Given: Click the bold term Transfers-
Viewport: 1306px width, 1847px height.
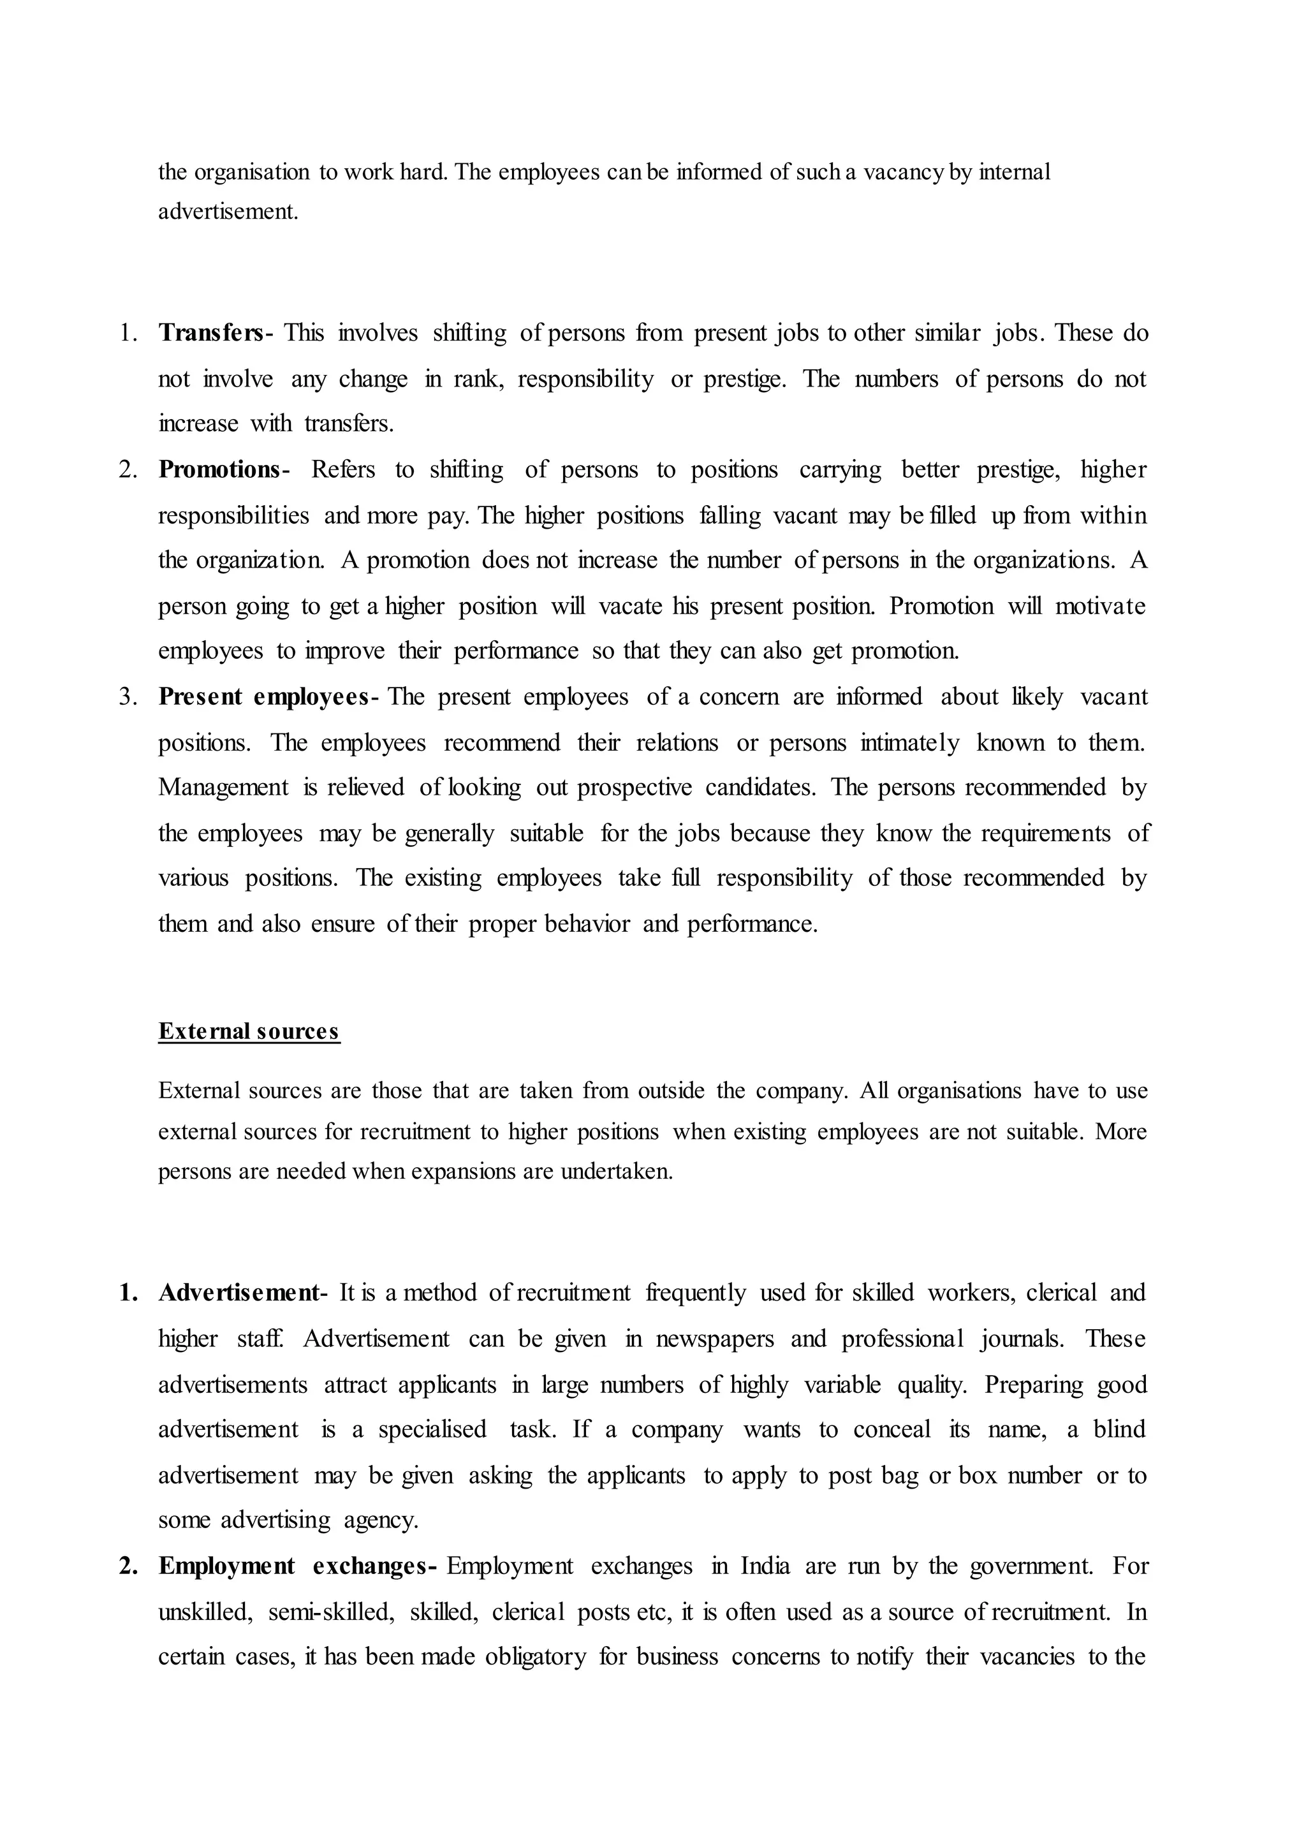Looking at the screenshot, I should pyautogui.click(x=215, y=332).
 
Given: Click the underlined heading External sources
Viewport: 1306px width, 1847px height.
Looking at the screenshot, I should pyautogui.click(x=249, y=1031).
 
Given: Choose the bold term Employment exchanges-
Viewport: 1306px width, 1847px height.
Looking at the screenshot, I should pyautogui.click(x=298, y=1566).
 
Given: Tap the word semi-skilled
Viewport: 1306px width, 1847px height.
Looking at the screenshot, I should pyautogui.click(x=330, y=1612).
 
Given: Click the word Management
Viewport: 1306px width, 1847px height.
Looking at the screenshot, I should pyautogui.click(x=223, y=787).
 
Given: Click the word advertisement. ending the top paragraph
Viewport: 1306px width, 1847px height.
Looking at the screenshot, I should pyautogui.click(x=228, y=212).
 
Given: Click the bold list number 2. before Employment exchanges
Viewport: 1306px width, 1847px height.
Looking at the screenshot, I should pyautogui.click(x=129, y=1566).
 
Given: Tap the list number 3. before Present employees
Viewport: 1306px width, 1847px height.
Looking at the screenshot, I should pyautogui.click(x=129, y=696).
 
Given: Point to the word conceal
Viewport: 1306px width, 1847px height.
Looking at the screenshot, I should pyautogui.click(x=891, y=1429).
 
